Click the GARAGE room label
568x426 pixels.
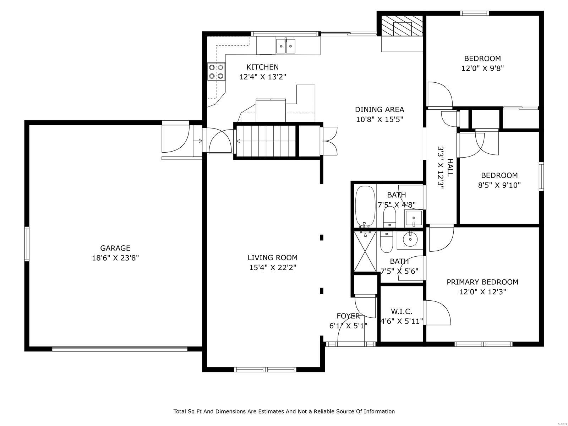click(115, 248)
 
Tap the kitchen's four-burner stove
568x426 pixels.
click(216, 71)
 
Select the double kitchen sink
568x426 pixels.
click(286, 46)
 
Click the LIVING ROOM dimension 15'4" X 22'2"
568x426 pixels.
click(272, 267)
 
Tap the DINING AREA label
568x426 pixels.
click(379, 110)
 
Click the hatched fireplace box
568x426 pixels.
click(402, 26)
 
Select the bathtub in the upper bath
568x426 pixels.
click(365, 206)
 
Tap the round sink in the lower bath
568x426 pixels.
click(410, 239)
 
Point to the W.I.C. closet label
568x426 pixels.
click(402, 312)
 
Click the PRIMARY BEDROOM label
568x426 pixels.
click(482, 282)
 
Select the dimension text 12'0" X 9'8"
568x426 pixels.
click(482, 68)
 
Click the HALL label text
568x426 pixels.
click(450, 168)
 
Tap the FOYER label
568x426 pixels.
click(348, 316)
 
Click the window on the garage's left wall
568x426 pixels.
click(27, 244)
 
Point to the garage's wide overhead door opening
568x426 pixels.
click(120, 349)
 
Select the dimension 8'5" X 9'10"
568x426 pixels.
click(499, 185)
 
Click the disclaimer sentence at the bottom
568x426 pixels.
click(284, 411)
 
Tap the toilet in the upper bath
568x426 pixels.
click(389, 216)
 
